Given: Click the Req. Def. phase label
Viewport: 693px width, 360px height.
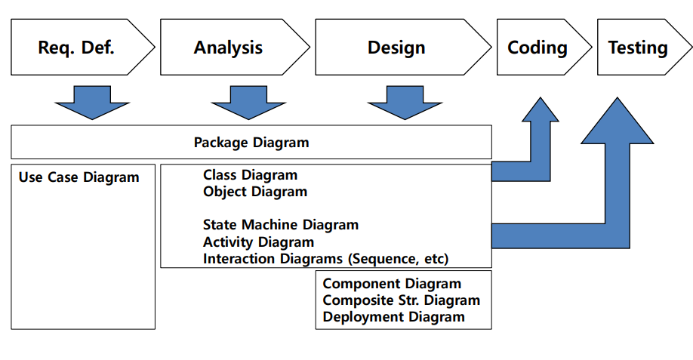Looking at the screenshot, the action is tap(76, 48).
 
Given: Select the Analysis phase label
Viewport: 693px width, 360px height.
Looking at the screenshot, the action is tap(228, 48).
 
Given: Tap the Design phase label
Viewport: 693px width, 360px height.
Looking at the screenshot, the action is tap(396, 48).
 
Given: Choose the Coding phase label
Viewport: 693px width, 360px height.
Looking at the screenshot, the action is tap(537, 48).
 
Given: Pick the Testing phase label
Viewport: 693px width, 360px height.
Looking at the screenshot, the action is tap(638, 48).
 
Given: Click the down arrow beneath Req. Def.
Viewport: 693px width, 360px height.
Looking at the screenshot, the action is tap(92, 103).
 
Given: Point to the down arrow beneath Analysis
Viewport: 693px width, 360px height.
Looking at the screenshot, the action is tap(248, 103).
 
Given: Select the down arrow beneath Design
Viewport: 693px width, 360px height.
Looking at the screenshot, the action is tap(405, 103).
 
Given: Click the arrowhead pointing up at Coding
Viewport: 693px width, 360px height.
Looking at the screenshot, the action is tap(540, 109).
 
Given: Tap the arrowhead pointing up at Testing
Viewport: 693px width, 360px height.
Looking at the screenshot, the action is tap(617, 121).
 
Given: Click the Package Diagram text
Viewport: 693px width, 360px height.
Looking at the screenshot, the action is tap(251, 143).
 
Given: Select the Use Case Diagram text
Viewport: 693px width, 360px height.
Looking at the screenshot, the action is tap(79, 177).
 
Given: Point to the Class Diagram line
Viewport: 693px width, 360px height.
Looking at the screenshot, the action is tap(250, 175).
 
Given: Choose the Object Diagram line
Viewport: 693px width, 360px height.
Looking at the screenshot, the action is tap(255, 192).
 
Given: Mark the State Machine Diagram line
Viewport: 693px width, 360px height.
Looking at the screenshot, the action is tap(281, 225).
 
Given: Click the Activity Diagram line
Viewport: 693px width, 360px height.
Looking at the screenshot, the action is tap(258, 242).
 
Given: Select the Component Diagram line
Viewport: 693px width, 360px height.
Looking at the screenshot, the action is tap(392, 284).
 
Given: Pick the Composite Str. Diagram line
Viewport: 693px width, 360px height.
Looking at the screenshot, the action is tap(402, 300).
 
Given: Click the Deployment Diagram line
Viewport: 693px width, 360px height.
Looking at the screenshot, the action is tap(394, 317).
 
